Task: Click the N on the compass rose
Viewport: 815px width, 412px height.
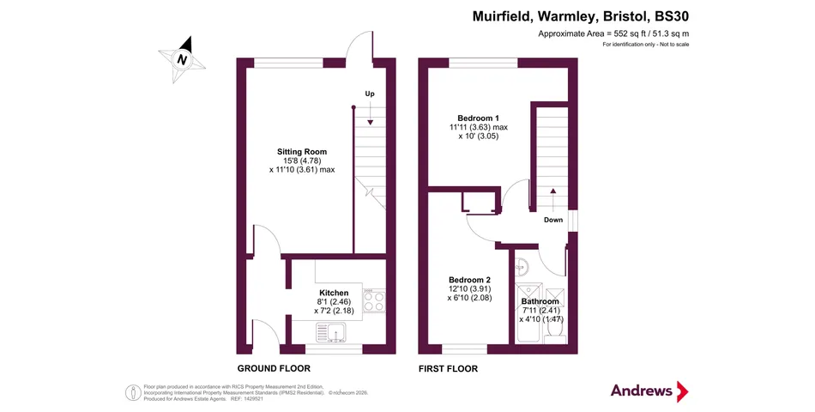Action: click(182, 60)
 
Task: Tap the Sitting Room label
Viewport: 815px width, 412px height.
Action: click(302, 152)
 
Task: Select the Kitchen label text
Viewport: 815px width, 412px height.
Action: click(334, 293)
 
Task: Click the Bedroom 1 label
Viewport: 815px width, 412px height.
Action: click(478, 118)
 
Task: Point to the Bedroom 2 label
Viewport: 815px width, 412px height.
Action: click(470, 280)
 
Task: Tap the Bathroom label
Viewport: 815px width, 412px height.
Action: click(540, 301)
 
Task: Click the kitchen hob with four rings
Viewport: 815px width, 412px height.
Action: click(374, 300)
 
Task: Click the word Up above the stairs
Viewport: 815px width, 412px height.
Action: click(370, 94)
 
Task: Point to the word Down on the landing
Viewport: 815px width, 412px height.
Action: click(553, 220)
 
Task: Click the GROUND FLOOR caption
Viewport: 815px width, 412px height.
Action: click(274, 369)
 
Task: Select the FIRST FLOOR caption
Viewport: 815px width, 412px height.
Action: click(448, 369)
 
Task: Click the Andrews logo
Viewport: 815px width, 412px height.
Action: click(649, 391)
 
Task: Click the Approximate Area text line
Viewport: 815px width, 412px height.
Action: click(614, 33)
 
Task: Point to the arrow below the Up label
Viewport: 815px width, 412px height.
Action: click(370, 113)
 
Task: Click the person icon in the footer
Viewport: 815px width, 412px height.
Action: click(133, 393)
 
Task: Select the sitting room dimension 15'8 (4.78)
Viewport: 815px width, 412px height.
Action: click(302, 161)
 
